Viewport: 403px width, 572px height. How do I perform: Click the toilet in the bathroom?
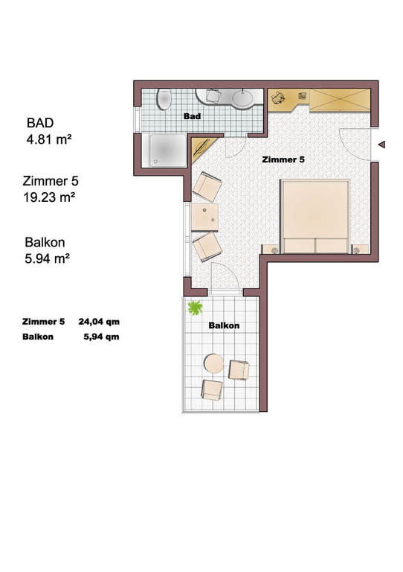pos(164,99)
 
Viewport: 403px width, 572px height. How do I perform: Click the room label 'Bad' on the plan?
pos(192,116)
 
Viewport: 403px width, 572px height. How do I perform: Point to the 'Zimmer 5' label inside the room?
pos(283,159)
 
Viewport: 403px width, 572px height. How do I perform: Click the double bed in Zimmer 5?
pos(315,216)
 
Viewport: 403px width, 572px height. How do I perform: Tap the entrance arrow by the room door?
pos(381,144)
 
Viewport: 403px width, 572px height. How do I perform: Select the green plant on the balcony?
pos(195,307)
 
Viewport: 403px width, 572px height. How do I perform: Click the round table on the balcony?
pos(213,363)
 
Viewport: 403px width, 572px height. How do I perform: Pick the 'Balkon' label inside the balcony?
pos(224,325)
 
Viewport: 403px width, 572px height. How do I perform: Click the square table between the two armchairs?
pos(205,217)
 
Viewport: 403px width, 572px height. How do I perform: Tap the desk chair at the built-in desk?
pos(278,98)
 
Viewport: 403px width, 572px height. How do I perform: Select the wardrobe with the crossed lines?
pos(340,99)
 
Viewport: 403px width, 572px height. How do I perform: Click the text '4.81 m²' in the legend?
pos(49,139)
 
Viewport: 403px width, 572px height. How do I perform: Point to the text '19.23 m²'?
pos(50,197)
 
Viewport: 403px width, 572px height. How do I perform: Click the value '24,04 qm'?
pos(99,322)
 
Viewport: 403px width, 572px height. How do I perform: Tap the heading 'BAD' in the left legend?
pos(40,123)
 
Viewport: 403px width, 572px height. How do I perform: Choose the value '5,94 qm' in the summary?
pos(102,337)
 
